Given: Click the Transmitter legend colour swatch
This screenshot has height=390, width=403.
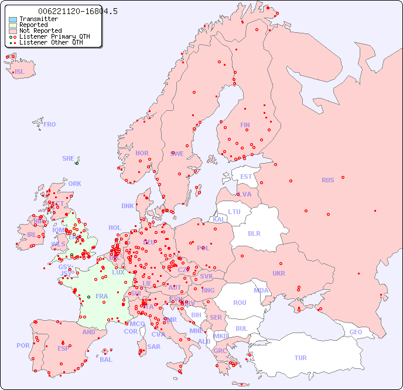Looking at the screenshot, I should tap(13, 19).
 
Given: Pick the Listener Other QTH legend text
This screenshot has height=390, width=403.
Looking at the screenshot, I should tap(54, 42).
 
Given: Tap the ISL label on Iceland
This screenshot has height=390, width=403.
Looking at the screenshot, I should tap(20, 72).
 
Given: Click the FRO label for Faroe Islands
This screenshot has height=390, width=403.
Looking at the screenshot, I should tap(50, 124).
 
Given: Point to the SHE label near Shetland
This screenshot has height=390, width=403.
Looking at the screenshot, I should tap(68, 158).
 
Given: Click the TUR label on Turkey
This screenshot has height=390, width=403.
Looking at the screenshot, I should tap(300, 358).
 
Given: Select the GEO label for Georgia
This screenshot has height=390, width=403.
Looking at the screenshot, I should tap(356, 332).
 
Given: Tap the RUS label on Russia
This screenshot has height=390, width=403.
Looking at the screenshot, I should tap(327, 180).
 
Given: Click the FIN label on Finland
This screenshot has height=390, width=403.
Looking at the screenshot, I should tap(245, 125).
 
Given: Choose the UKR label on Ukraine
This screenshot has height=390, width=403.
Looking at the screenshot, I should tap(279, 273).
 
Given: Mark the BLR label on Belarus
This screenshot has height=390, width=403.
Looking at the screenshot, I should tap(254, 233).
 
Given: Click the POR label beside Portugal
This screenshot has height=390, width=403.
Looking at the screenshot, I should tap(23, 345).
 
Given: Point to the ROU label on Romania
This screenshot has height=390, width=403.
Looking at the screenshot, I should tap(240, 303).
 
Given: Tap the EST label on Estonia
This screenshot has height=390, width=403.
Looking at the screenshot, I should tap(246, 177).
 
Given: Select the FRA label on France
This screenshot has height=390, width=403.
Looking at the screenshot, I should tap(102, 296).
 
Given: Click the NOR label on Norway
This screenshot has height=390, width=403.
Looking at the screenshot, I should tap(142, 153).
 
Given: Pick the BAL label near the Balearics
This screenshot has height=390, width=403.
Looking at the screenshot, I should tap(106, 360).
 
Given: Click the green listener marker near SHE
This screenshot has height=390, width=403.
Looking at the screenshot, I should tap(77, 163).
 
